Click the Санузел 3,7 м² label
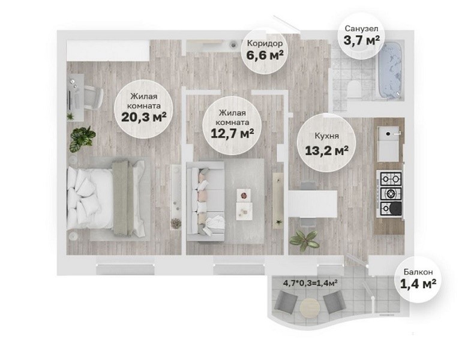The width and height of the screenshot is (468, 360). [361, 35]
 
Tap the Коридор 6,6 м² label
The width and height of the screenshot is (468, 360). [265, 50]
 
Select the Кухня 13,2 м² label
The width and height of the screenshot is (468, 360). [327, 144]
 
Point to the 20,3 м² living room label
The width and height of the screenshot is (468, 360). [144, 108]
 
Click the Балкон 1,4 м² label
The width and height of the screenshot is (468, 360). [418, 279]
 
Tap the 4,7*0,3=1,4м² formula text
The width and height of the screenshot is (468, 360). [310, 283]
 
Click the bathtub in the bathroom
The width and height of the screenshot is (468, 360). [390, 71]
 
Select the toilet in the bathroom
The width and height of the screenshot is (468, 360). [355, 89]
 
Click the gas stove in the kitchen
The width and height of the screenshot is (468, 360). [389, 194]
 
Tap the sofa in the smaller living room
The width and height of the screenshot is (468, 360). [205, 201]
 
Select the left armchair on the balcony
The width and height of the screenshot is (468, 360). [286, 301]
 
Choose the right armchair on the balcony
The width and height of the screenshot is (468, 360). [335, 302]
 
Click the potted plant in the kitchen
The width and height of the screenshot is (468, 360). [304, 239]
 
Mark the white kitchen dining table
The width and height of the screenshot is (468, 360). [313, 204]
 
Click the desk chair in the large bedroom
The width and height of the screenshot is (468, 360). [93, 97]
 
